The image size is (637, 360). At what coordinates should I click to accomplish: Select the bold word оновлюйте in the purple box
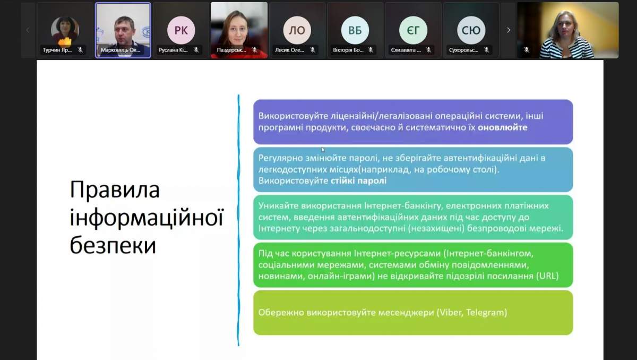pos(503,128)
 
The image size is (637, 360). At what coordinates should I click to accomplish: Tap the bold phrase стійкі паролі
pos(355,181)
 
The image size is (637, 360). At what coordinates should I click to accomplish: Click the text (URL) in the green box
pos(547,277)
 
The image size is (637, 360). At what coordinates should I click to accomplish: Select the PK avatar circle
pos(181,30)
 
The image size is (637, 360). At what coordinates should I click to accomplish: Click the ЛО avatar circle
pos(297,30)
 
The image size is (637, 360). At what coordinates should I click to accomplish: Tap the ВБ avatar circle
pos(355,30)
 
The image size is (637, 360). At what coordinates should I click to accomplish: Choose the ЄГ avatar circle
pos(413,30)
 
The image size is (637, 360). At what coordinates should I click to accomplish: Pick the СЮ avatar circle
pos(471,30)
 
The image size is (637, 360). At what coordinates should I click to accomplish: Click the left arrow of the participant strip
pos(28,30)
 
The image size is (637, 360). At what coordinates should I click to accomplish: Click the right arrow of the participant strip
pos(508,30)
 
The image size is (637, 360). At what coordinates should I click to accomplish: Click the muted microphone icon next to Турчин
pos(80,50)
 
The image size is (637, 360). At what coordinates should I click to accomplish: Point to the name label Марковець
pos(120,50)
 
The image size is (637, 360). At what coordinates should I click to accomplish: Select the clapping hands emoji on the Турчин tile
pos(65,41)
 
